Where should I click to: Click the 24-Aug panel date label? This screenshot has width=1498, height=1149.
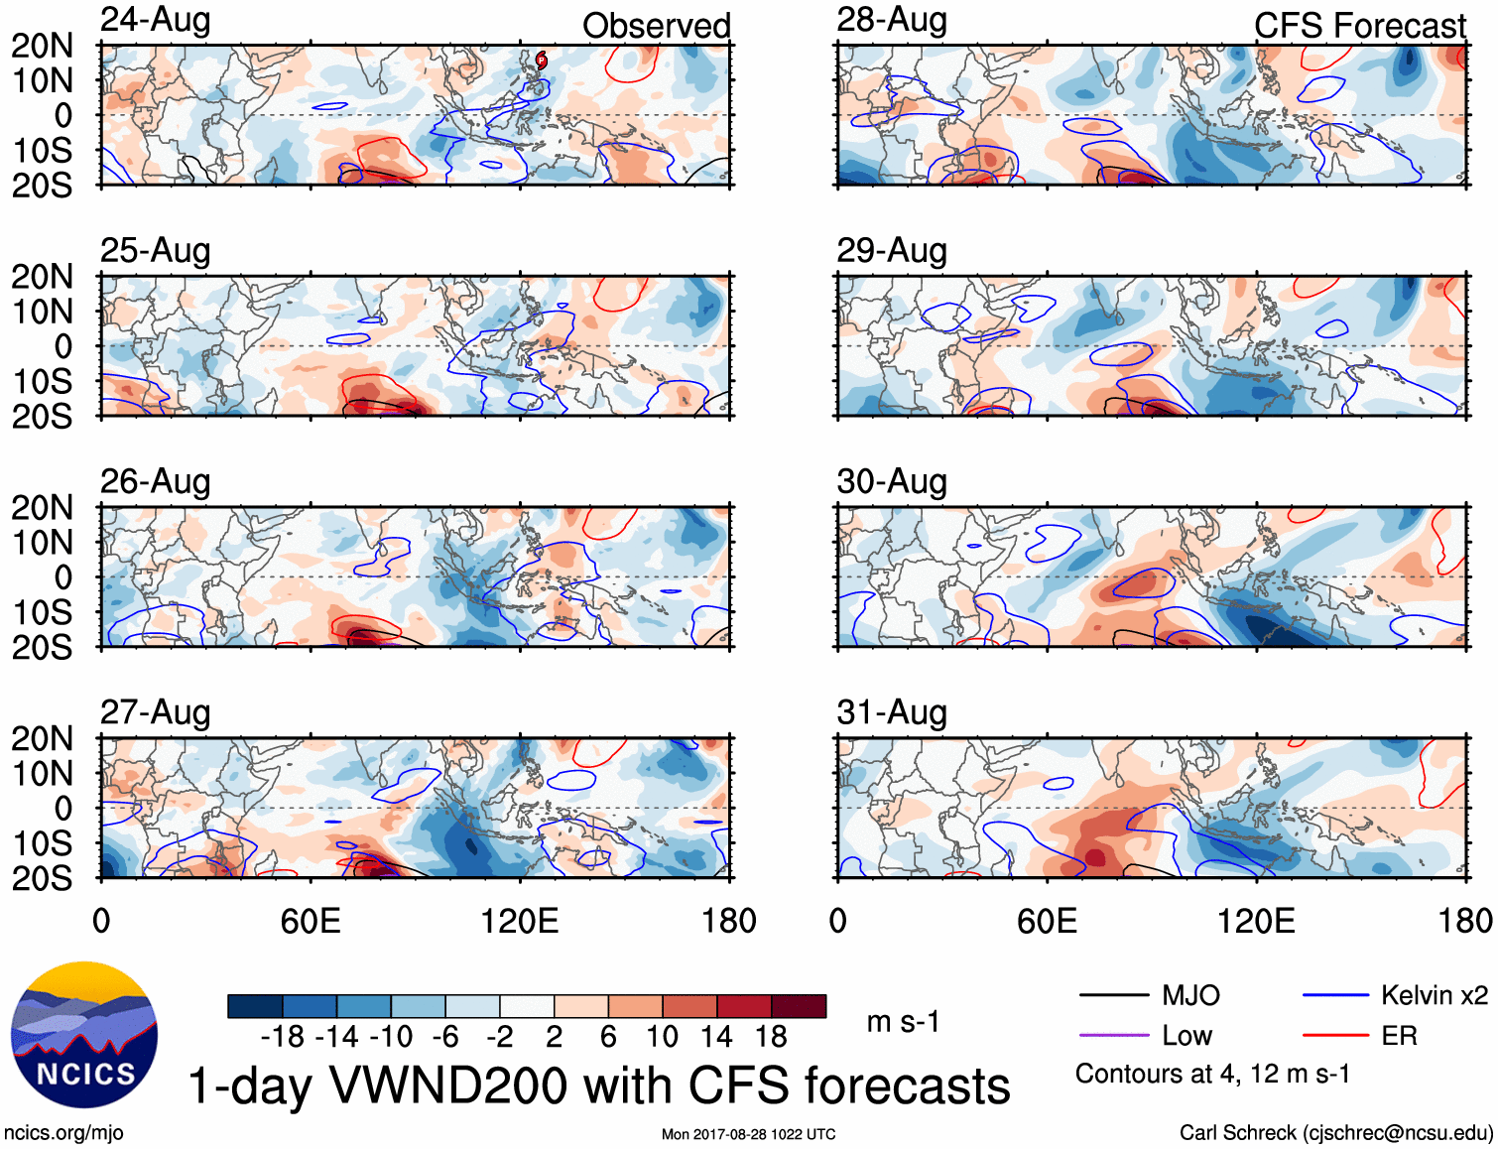(x=156, y=20)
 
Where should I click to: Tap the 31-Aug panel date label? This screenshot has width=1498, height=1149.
(x=892, y=712)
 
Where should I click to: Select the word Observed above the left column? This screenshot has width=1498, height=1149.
(x=656, y=26)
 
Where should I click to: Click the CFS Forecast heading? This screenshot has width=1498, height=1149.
(x=1359, y=26)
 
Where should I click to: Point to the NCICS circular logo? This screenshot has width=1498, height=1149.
(x=84, y=1035)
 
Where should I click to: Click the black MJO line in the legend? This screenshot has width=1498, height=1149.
(x=1113, y=995)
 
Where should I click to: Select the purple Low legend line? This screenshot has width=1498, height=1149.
(x=1113, y=1036)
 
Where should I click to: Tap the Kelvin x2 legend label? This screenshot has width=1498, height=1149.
(x=1434, y=995)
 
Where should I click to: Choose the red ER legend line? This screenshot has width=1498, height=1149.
(x=1335, y=1036)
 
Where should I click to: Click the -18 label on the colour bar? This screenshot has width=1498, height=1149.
(x=282, y=1037)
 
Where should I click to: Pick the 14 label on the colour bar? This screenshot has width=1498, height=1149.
(x=715, y=1037)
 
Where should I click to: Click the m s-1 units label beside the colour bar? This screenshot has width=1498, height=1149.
(x=903, y=1021)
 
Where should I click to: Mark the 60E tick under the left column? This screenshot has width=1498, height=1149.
(x=311, y=921)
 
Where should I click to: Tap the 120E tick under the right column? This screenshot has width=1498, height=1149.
(x=1256, y=921)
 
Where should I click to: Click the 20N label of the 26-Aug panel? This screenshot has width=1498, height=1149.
(x=43, y=508)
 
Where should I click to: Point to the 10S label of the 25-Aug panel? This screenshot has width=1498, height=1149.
(x=43, y=381)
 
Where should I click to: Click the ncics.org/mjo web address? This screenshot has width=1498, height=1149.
(x=63, y=1133)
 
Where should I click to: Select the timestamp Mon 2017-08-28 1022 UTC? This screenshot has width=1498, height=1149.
(x=748, y=1134)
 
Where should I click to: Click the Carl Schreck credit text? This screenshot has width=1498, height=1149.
(x=1335, y=1133)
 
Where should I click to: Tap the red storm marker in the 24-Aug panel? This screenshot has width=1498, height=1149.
(x=541, y=61)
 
